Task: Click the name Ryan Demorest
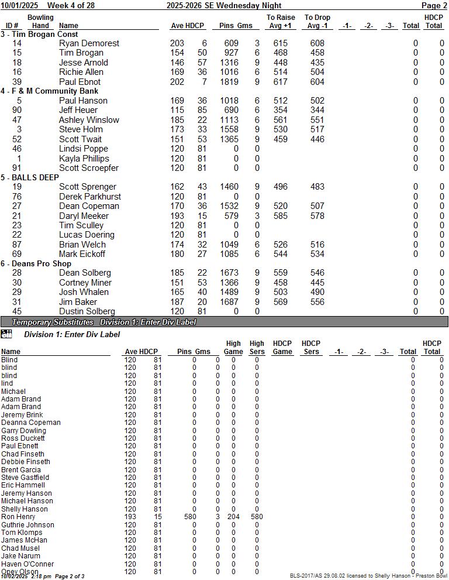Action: pos(89,43)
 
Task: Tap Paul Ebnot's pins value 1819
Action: pos(229,82)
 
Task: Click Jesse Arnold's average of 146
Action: pos(177,63)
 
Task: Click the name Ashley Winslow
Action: pos(89,120)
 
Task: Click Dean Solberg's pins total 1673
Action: pos(229,273)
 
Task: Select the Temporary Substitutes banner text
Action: pos(53,322)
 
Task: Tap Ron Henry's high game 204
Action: pos(233,517)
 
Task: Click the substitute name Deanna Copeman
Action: pos(30,423)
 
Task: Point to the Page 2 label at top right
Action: pos(434,5)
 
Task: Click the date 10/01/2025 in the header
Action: pos(19,5)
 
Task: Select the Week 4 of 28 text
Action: pos(71,5)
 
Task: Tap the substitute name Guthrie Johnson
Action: pos(27,525)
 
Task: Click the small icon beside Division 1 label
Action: pos(6,334)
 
